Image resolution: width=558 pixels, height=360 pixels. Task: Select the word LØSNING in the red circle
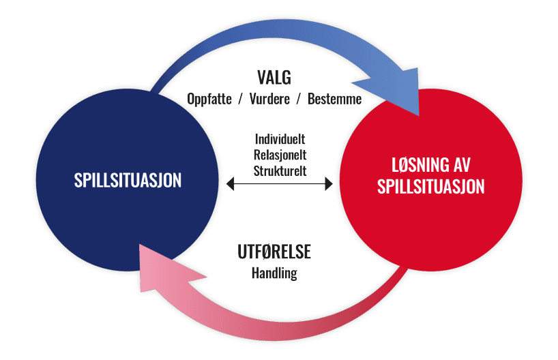pos(415,164)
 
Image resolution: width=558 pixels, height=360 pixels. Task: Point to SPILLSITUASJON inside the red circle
pos(431,186)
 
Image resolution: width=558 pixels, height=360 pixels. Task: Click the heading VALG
pos(274,77)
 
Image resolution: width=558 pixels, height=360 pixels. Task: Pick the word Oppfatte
pos(211,99)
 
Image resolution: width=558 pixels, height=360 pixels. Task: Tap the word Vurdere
pos(271,99)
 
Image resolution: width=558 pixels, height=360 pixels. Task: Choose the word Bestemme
pos(334,99)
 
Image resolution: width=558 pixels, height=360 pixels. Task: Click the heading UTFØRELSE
pos(274,252)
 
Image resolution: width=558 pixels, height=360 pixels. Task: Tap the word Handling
pos(274,273)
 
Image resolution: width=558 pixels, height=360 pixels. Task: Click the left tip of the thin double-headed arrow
pos(229,183)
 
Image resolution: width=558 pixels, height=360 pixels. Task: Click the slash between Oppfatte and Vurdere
pos(242,99)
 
